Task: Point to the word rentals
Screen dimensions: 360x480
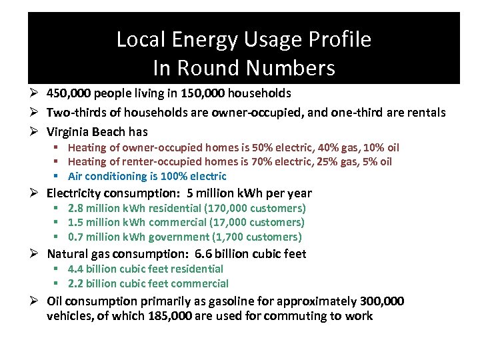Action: (x=425, y=113)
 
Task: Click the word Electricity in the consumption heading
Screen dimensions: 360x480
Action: (x=73, y=193)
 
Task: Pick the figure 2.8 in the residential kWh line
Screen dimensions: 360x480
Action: (x=75, y=208)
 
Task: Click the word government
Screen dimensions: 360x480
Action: (x=165, y=237)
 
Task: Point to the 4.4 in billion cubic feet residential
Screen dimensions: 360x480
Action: (x=75, y=269)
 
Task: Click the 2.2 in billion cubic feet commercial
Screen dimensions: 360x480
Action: (x=75, y=283)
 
